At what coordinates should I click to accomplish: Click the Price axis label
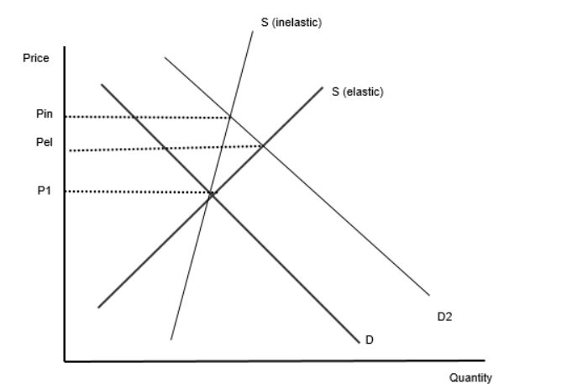point(36,58)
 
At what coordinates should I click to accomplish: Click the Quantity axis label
point(470,377)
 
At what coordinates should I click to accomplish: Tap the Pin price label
point(45,114)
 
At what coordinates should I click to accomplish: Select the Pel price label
point(45,142)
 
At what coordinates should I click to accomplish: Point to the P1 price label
point(45,191)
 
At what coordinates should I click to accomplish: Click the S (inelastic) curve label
point(291,22)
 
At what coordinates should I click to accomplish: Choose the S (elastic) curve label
point(358,92)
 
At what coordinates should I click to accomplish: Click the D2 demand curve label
point(444,317)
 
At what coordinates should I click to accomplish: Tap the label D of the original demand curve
point(370,340)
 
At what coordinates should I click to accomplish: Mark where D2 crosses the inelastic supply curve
point(230,117)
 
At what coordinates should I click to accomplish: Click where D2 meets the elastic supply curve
point(264,146)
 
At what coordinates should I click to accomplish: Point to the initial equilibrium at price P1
point(211,194)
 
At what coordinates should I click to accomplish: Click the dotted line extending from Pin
point(148,117)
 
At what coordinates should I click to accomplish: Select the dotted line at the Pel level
point(166,148)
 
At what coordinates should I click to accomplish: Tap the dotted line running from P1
point(142,192)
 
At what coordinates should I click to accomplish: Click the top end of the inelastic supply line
point(253,31)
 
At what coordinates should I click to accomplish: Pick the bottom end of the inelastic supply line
point(171,339)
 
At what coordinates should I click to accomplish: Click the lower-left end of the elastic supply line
point(98,308)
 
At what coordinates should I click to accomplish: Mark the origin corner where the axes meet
point(65,361)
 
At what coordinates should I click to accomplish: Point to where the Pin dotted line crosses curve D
point(134,117)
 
